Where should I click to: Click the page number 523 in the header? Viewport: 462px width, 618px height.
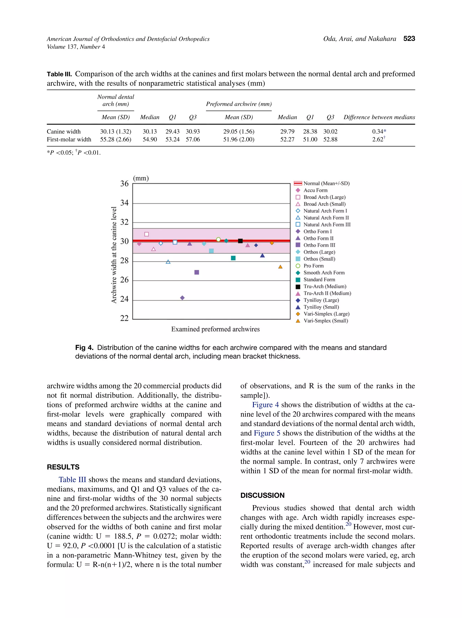coord(409,39)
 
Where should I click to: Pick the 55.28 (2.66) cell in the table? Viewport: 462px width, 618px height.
coord(115,139)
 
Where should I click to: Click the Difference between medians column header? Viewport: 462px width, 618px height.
coord(379,117)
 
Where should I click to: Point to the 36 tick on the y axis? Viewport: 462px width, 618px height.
coord(124,184)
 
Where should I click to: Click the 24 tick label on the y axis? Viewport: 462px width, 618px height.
coord(124,299)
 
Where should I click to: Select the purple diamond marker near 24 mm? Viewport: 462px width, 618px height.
coord(182,298)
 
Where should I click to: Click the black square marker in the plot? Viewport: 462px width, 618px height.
coord(240,241)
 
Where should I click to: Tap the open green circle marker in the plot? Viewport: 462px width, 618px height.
coord(218,239)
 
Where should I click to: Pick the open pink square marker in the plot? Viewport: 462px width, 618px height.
coord(146,234)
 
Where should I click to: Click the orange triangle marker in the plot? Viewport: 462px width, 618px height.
coord(280,267)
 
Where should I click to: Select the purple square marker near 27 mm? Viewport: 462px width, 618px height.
coord(197,272)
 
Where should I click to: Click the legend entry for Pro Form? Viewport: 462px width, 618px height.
coord(313,266)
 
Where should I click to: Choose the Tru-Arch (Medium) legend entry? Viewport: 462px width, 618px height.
coord(324,286)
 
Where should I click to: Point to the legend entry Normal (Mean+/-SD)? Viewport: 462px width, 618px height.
coord(326,183)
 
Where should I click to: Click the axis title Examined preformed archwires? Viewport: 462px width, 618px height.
coord(215,329)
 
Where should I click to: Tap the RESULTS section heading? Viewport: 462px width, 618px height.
coord(63,467)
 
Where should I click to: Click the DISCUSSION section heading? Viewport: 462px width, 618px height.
coord(262,495)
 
